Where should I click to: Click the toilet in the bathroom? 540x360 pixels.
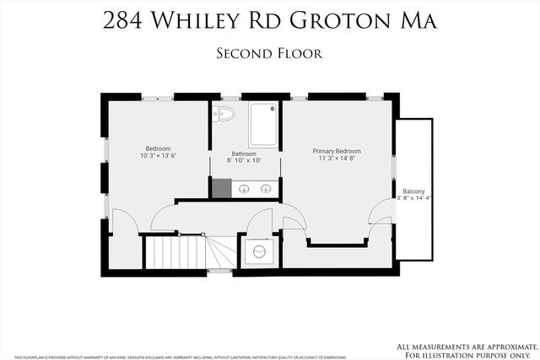224,113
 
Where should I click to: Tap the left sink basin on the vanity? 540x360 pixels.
243,189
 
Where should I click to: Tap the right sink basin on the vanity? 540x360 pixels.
266,189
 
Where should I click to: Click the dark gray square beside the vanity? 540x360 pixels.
221,188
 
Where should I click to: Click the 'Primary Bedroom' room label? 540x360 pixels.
337,149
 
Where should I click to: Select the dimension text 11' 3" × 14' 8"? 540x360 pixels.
337,158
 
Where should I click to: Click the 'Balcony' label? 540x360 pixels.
413,191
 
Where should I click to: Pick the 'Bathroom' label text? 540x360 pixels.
245,153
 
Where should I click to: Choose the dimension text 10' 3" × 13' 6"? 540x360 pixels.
158,156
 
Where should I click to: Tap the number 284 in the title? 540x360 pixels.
124,21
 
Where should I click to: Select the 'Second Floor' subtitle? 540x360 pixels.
270,53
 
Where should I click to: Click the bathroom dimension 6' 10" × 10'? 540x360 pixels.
245,161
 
